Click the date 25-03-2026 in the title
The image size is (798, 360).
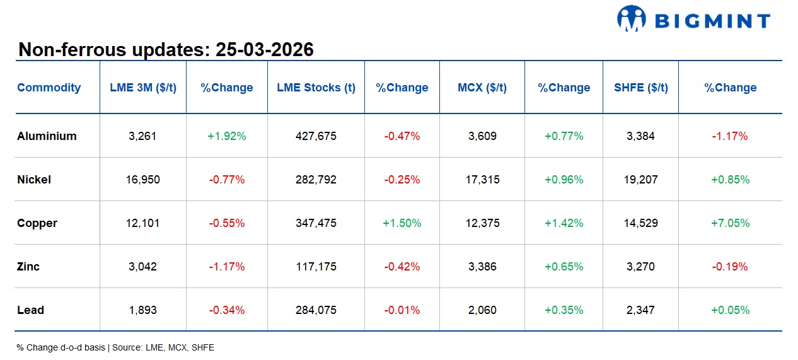pos(264,50)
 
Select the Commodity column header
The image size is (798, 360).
pos(49,88)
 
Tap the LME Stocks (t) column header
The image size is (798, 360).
pos(316,88)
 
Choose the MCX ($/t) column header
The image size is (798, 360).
pos(482,88)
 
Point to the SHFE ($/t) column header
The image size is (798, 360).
pos(640,88)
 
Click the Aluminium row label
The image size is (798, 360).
pos(47,136)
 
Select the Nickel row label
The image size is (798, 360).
pos(34,180)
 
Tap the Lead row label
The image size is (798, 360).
pos(30,310)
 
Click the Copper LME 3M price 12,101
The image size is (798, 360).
pos(143,223)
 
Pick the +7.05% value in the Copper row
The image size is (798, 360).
pos(730,223)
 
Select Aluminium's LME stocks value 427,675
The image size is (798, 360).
pos(316,136)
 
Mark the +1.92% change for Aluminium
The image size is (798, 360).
pos(226,136)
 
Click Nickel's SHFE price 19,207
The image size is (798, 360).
pos(640,180)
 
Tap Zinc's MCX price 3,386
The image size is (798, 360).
pos(482,267)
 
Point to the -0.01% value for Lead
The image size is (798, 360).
pos(402,310)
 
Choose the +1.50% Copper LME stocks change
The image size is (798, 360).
pos(402,223)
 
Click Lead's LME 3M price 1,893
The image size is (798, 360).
pos(143,310)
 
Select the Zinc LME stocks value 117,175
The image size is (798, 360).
pos(316,267)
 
